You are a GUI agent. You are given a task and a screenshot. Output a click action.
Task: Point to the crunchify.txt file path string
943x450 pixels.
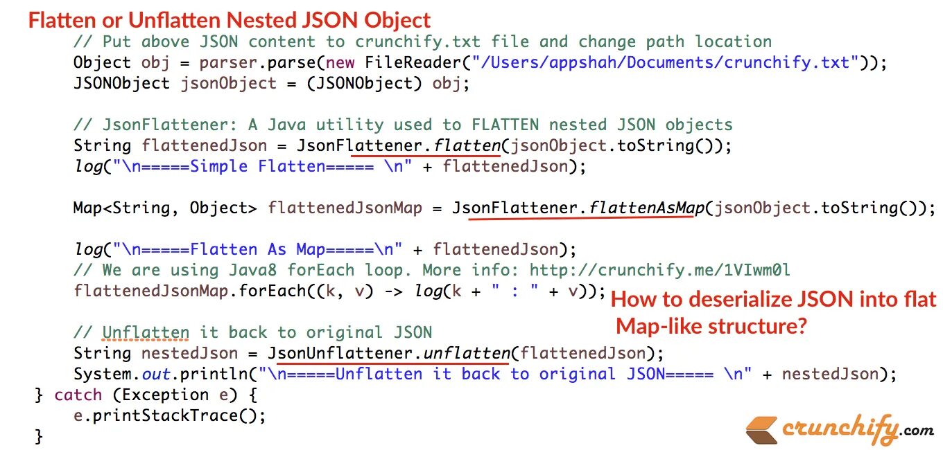pyautogui.click(x=666, y=62)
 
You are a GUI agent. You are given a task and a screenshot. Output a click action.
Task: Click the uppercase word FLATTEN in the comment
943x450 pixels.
pyautogui.click(x=505, y=125)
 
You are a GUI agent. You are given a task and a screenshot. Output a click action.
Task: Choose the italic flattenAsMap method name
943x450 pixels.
pyautogui.click(x=641, y=208)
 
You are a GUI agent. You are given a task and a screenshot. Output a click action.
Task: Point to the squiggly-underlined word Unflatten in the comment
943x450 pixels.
pyautogui.click(x=146, y=332)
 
